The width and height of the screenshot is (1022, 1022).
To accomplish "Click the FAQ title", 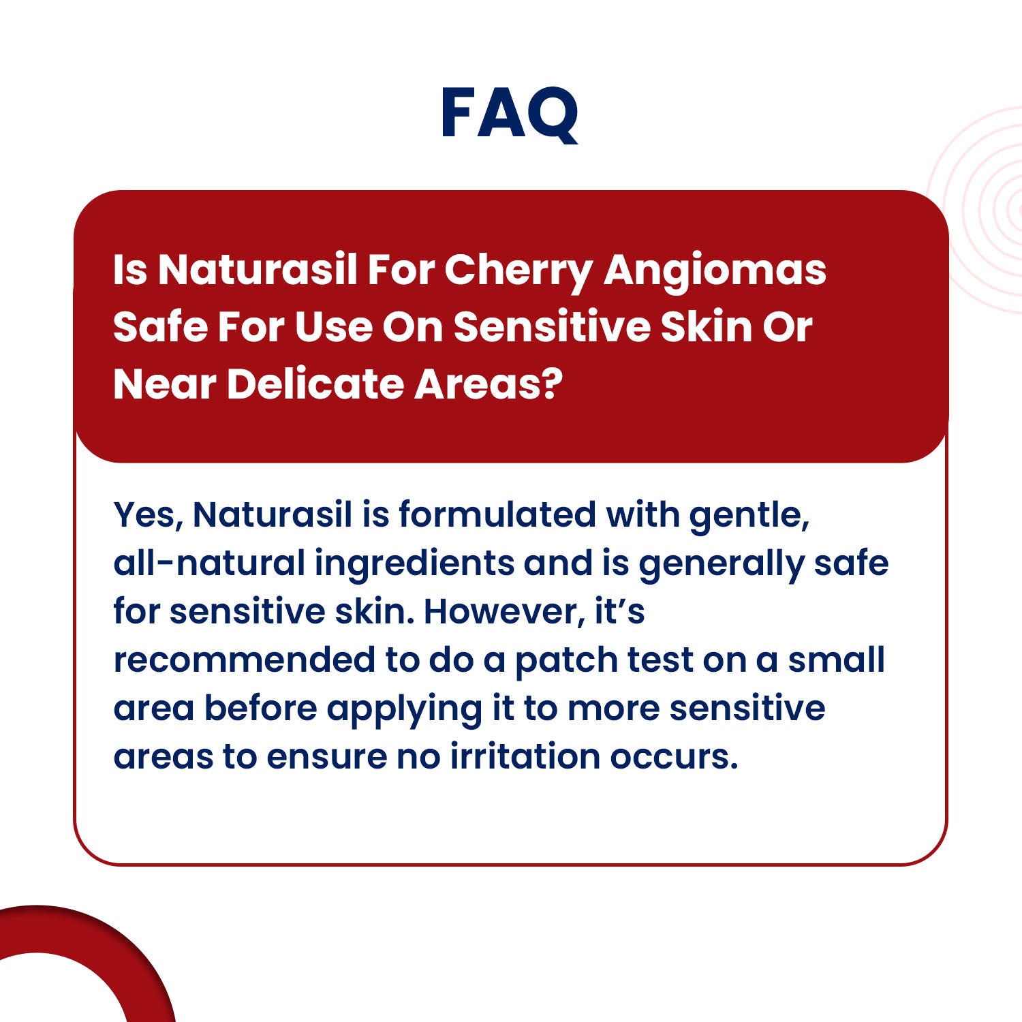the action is [x=510, y=114].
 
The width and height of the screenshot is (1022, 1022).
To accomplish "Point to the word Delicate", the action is [x=315, y=384].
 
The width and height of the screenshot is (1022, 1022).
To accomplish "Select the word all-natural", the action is [x=209, y=563].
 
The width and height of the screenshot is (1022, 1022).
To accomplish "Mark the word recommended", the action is [x=244, y=660].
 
